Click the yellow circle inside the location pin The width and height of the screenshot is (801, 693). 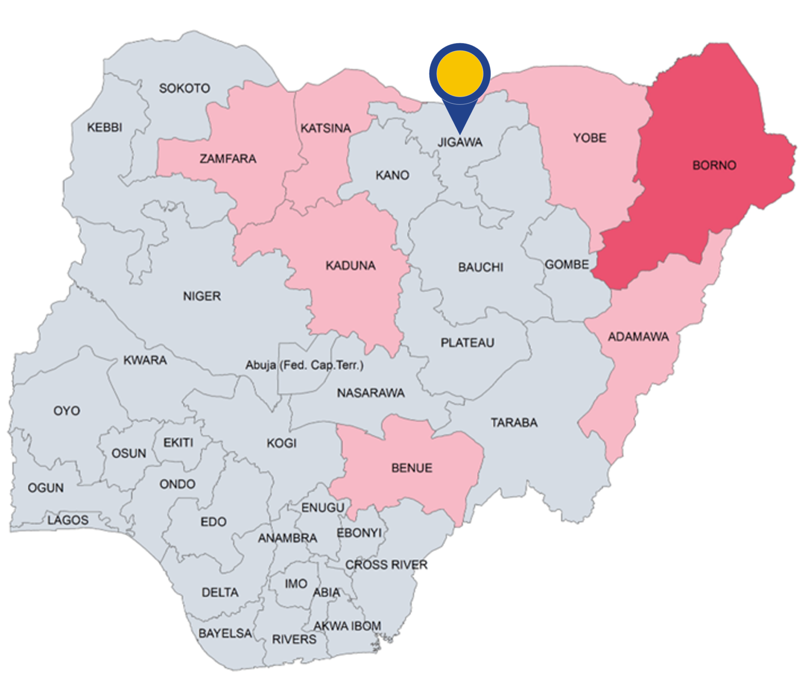tap(459, 73)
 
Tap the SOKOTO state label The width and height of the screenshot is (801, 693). tap(185, 89)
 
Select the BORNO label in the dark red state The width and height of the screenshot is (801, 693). tap(714, 166)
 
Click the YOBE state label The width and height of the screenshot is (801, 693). tap(590, 138)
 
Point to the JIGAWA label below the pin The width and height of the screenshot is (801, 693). tap(460, 142)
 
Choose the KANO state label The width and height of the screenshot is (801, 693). tap(392, 176)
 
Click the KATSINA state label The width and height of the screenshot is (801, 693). tap(325, 128)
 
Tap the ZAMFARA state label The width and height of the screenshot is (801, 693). tap(228, 159)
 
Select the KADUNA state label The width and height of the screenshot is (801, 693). tap(350, 266)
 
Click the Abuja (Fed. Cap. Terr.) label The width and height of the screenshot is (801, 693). tap(305, 365)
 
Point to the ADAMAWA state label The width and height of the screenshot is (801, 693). tap(638, 337)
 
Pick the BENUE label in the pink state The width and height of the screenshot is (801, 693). tap(411, 468)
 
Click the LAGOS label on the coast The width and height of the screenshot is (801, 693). tap(68, 520)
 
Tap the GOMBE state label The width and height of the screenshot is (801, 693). tap(567, 265)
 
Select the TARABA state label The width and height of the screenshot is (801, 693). tap(514, 423)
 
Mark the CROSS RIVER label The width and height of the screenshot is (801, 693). tap(386, 565)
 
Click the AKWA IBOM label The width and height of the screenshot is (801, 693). tap(347, 626)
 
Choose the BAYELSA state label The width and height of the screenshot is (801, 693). tap(225, 634)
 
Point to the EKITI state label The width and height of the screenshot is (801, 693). tap(178, 443)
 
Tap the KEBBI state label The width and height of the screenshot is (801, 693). tap(104, 128)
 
